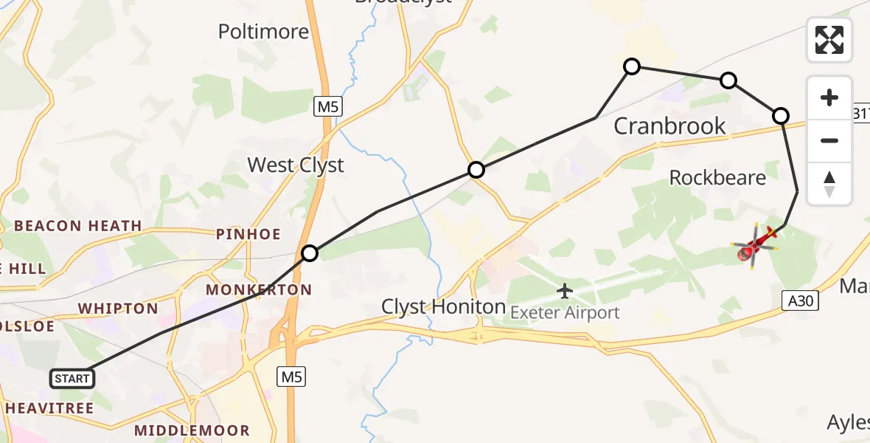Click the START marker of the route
coord(72,379)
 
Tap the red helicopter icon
coord(756,248)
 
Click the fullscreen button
coord(829,40)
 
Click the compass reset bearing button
coord(829,184)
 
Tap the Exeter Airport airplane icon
coord(565,291)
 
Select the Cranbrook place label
coord(669,126)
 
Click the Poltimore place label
coord(263,32)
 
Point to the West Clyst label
coord(296,165)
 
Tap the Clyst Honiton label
coord(443,306)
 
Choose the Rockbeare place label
coord(717,177)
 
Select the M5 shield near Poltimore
coord(327,107)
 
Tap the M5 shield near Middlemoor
coord(291,377)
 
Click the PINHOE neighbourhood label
coord(248,235)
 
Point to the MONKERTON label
coord(259,289)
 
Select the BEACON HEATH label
coord(78,226)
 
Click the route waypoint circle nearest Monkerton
coord(310,253)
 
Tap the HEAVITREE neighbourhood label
coord(49,408)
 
